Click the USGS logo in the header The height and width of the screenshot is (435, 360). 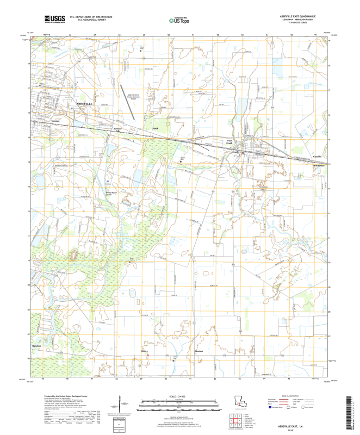(52, 20)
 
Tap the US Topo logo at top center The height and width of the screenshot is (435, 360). (179, 21)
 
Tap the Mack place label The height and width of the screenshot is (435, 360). (155, 128)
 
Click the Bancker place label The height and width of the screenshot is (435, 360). (37, 346)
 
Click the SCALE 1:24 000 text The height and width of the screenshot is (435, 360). (179, 397)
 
